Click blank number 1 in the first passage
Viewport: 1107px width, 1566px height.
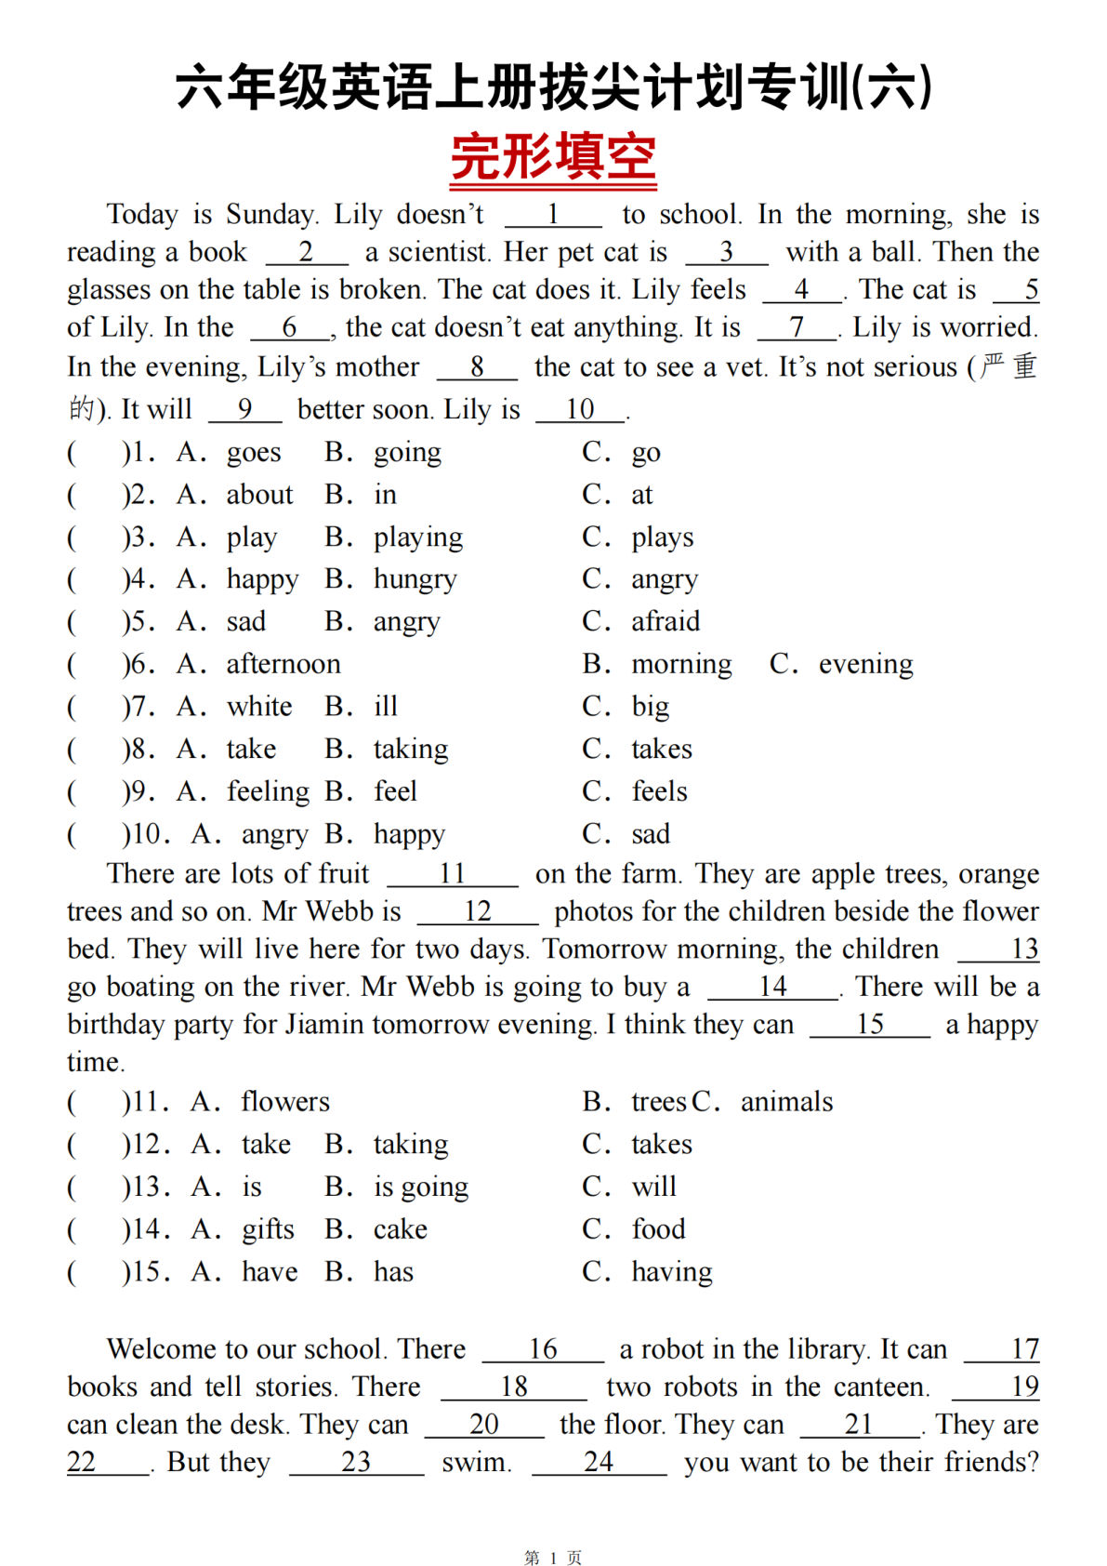click(x=553, y=216)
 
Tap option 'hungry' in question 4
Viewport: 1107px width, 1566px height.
click(x=415, y=579)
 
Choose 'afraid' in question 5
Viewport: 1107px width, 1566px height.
click(x=666, y=621)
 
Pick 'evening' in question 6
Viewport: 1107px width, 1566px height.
click(x=865, y=664)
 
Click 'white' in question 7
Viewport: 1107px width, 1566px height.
click(x=259, y=707)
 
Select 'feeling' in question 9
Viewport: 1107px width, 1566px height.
click(x=269, y=791)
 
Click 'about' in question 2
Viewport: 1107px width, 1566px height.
click(x=259, y=495)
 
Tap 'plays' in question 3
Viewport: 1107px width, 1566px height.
click(x=663, y=537)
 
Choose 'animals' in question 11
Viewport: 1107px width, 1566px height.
click(x=786, y=1102)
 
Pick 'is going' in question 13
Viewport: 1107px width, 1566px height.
click(x=421, y=1188)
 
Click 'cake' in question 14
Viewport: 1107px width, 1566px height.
click(x=401, y=1229)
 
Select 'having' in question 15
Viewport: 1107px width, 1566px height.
click(x=672, y=1272)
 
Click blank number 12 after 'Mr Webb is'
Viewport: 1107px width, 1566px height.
click(x=478, y=911)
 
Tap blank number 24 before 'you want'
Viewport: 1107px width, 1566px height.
click(x=599, y=1462)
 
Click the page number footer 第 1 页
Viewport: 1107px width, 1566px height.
click(x=553, y=1558)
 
